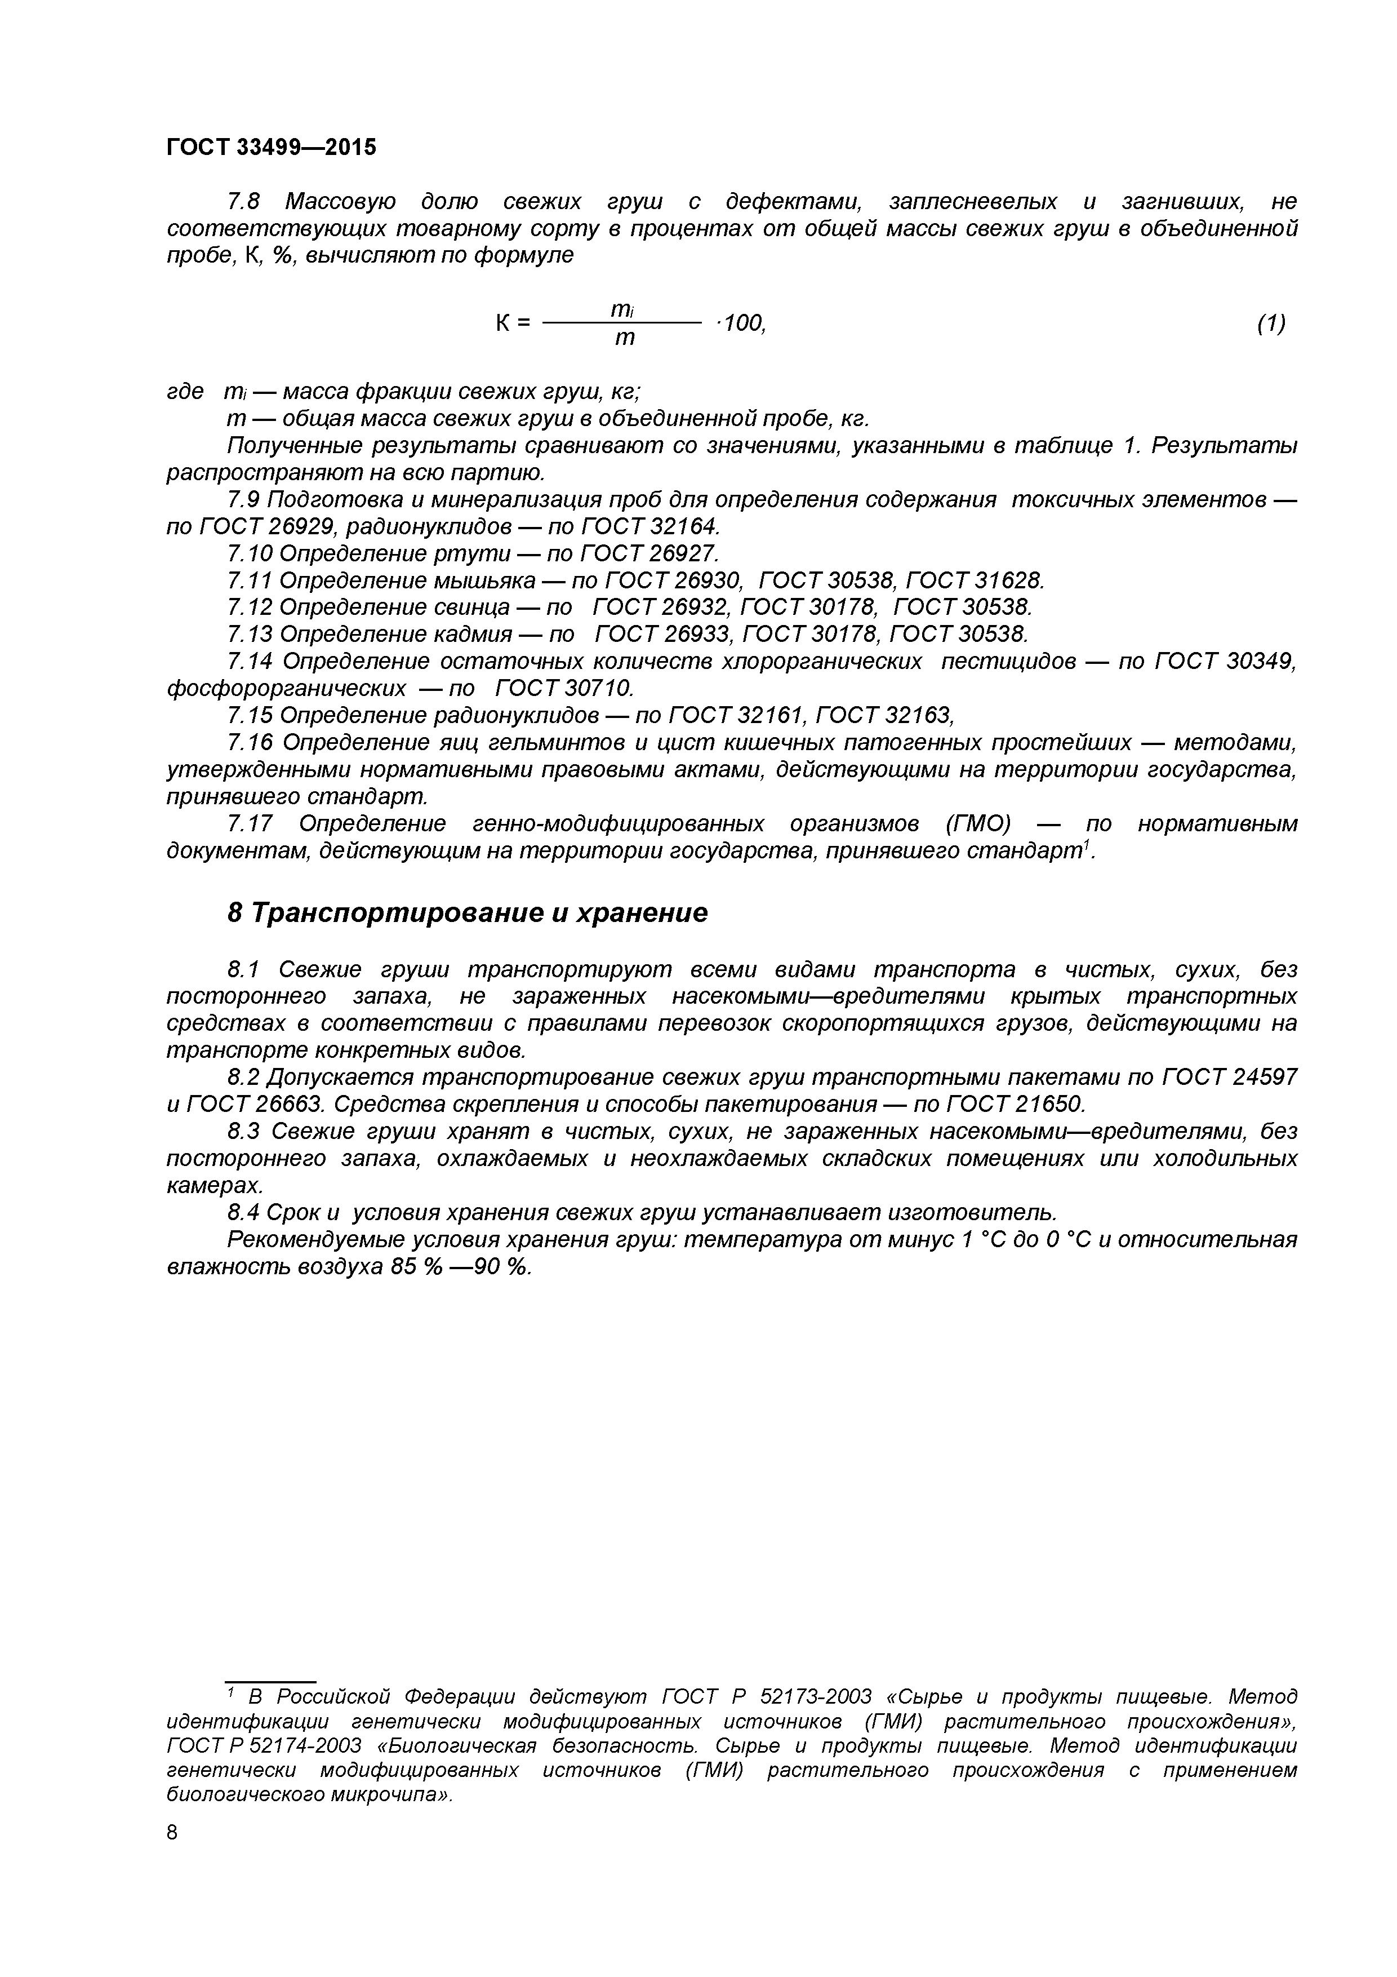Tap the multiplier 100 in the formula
[743, 323]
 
